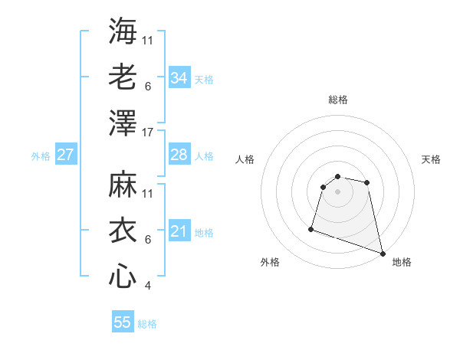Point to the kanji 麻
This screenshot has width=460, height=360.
pyautogui.click(x=123, y=185)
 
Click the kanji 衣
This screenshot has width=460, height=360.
pyautogui.click(x=123, y=231)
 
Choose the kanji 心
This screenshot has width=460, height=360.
pyautogui.click(x=123, y=277)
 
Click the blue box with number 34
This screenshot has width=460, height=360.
pyautogui.click(x=179, y=78)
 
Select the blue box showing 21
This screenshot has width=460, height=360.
pyautogui.click(x=179, y=231)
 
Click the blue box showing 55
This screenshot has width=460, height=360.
pyautogui.click(x=123, y=322)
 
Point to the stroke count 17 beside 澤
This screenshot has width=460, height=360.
pyautogui.click(x=148, y=133)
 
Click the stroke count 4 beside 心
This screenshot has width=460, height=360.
pyautogui.click(x=148, y=286)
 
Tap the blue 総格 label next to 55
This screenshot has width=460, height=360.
pyautogui.click(x=147, y=324)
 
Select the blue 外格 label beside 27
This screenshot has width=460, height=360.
pyautogui.click(x=41, y=156)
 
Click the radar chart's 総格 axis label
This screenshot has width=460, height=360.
pyautogui.click(x=337, y=100)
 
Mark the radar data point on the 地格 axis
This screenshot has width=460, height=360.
pyautogui.click(x=382, y=253)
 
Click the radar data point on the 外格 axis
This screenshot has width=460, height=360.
pyautogui.click(x=311, y=228)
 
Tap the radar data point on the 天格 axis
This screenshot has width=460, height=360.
pyautogui.click(x=367, y=182)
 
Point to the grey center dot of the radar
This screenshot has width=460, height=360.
pyautogui.click(x=337, y=191)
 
